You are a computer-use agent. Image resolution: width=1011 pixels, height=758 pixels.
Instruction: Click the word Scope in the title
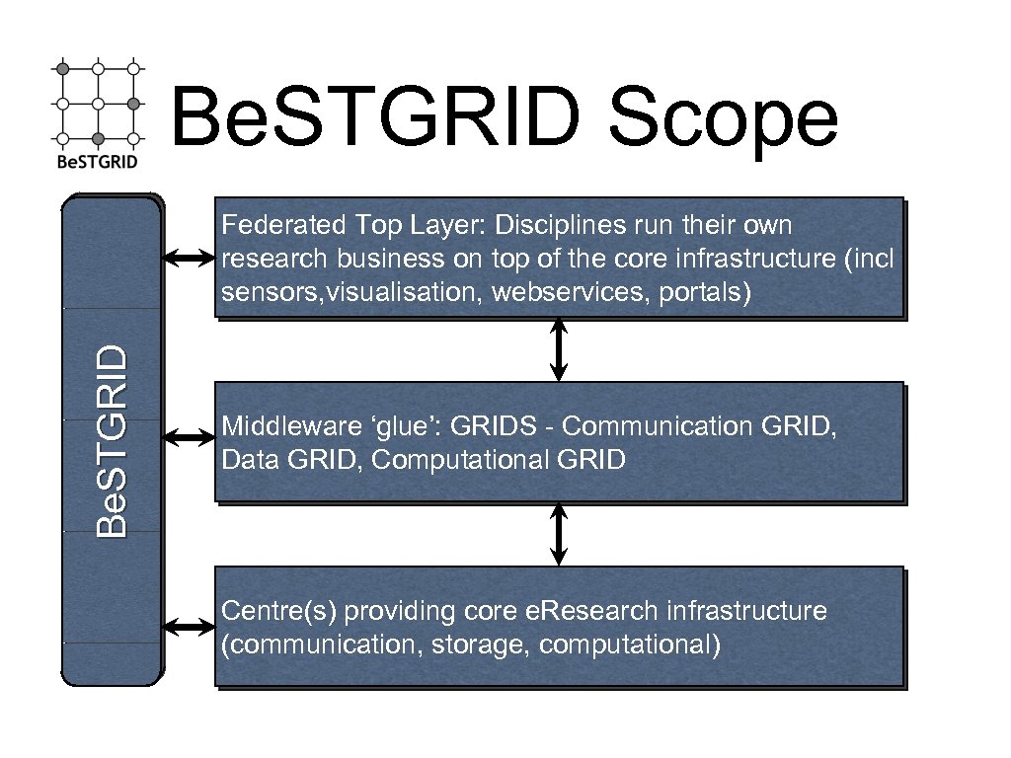(723, 120)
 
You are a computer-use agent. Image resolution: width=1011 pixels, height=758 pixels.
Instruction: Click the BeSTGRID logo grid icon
(97, 103)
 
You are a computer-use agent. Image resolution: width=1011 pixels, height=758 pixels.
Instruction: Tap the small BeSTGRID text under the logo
(97, 161)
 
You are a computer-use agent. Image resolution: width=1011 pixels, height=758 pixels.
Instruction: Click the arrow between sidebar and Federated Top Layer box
(189, 259)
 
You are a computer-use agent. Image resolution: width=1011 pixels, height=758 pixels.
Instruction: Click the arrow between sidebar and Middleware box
(189, 435)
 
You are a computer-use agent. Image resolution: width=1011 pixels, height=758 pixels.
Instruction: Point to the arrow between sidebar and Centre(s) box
(189, 627)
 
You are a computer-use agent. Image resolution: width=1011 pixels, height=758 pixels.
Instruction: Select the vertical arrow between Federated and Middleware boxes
(559, 349)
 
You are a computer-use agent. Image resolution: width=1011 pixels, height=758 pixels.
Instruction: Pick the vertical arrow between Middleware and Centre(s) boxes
(559, 534)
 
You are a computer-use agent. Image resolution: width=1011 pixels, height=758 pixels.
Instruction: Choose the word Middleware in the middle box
(279, 427)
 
